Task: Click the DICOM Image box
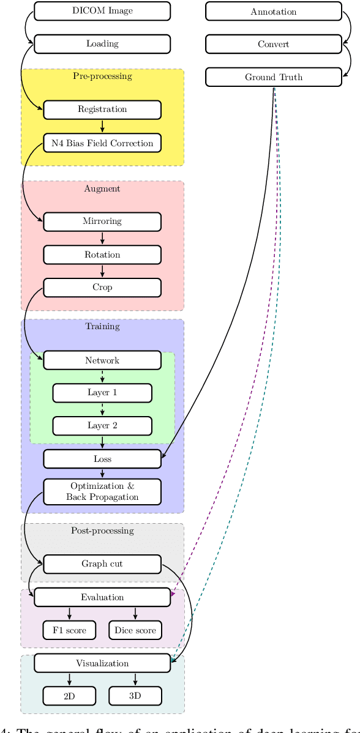(102, 11)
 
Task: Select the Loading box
(102, 44)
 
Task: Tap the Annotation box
(273, 11)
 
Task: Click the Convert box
(273, 44)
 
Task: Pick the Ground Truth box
(273, 77)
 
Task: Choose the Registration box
(102, 110)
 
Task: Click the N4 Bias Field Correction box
(102, 143)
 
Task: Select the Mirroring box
(102, 221)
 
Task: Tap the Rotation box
(102, 255)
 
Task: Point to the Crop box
(102, 288)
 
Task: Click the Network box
(102, 360)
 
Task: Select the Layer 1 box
(102, 393)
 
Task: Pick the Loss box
(102, 459)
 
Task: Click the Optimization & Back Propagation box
(102, 492)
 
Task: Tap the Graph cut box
(102, 564)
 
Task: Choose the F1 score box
(69, 630)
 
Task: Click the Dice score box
(135, 630)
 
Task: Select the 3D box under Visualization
(135, 696)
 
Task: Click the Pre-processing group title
(102, 76)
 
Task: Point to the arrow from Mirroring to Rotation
(102, 238)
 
